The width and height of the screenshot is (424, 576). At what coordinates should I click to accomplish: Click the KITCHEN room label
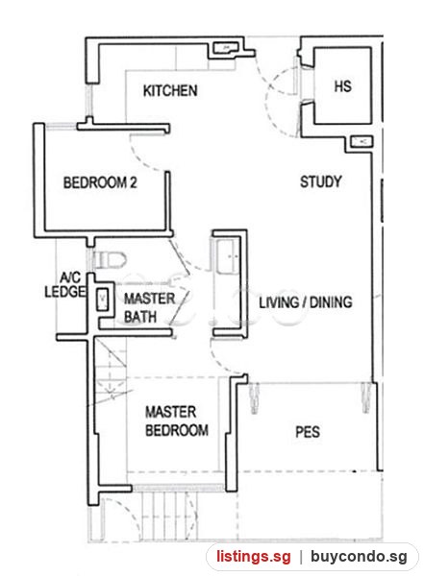[x=170, y=91]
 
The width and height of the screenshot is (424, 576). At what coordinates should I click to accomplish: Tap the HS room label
[x=342, y=86]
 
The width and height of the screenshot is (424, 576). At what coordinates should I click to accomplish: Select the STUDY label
[x=320, y=181]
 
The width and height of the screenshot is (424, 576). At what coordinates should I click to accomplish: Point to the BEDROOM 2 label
[x=100, y=182]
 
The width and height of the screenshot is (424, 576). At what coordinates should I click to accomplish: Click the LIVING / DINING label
[x=306, y=302]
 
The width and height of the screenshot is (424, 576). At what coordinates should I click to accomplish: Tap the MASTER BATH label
[x=149, y=308]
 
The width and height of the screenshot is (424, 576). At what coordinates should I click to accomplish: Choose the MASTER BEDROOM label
[x=177, y=421]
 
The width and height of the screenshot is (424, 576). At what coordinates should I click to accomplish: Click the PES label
[x=308, y=432]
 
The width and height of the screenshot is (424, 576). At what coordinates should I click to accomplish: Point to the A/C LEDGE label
[x=65, y=284]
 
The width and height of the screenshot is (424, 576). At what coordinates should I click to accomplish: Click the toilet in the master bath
[x=110, y=260]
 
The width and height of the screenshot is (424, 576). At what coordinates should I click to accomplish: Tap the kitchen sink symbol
[x=226, y=48]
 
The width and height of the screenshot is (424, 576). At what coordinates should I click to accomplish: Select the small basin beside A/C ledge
[x=102, y=296]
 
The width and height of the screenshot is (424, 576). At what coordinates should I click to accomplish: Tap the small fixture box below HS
[x=361, y=141]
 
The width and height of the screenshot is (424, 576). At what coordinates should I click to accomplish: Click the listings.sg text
[x=253, y=557]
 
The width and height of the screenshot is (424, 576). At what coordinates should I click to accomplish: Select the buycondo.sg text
[x=359, y=557]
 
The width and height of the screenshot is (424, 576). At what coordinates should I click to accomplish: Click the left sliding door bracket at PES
[x=255, y=397]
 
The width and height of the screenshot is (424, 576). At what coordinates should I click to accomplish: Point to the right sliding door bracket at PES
[x=366, y=397]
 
